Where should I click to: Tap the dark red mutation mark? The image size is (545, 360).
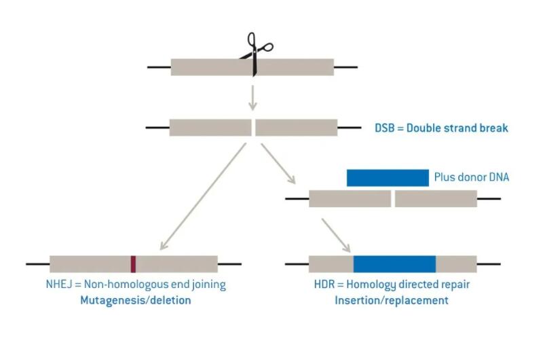(x=133, y=264)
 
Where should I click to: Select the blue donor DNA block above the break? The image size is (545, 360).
(x=388, y=178)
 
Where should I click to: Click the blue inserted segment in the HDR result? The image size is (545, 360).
(x=394, y=264)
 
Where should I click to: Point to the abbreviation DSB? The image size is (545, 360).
(x=384, y=128)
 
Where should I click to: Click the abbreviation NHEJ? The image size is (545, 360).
(x=59, y=284)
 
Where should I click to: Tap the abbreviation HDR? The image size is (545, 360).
(x=324, y=284)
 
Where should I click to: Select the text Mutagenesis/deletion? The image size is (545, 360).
(x=136, y=300)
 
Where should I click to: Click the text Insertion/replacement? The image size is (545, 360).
(x=392, y=300)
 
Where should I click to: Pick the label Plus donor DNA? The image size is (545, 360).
(x=472, y=177)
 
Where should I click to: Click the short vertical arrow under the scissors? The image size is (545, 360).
(x=252, y=98)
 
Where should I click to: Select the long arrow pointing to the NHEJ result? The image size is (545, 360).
(x=203, y=196)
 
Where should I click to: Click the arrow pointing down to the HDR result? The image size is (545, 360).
(x=336, y=236)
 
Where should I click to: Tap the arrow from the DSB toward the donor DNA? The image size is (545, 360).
(x=278, y=164)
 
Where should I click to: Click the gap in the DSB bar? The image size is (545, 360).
(x=253, y=128)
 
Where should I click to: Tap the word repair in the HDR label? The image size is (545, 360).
(x=455, y=285)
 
